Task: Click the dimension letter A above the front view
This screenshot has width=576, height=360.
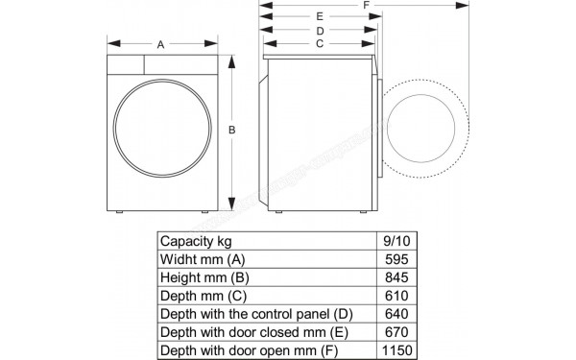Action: (160, 44)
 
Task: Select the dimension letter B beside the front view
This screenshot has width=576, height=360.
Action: (231, 131)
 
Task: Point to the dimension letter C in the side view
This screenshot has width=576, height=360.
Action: (318, 44)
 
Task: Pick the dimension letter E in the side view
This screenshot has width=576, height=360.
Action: (319, 17)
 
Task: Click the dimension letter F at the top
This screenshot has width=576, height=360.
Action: (367, 6)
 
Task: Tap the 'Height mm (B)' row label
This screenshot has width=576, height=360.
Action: (204, 277)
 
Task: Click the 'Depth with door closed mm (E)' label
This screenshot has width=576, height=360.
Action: (252, 332)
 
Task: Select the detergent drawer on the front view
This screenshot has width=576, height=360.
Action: (124, 63)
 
